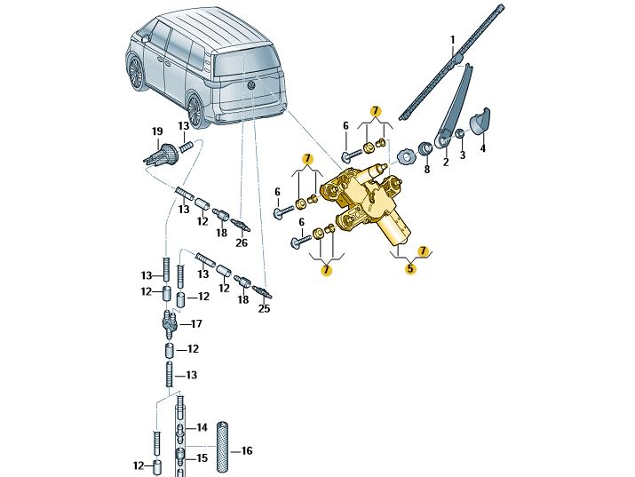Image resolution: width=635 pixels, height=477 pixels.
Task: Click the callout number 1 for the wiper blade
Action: (451, 40)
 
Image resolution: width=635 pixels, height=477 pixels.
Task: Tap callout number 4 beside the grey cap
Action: (483, 149)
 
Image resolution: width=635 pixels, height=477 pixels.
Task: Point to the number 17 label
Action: (197, 324)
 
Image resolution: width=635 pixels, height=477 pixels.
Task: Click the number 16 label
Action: (247, 451)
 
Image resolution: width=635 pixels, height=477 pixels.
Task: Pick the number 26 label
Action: (242, 242)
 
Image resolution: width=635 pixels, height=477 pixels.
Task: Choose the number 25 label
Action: (264, 309)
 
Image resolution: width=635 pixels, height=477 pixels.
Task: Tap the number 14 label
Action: (202, 427)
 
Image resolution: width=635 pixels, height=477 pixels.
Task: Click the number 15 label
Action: (202, 458)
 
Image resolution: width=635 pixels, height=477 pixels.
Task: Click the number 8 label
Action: (426, 169)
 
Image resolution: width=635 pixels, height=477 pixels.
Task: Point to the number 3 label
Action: (462, 155)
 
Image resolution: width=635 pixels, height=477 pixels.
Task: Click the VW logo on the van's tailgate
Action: (250, 85)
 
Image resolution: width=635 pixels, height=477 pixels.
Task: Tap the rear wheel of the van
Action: (137, 71)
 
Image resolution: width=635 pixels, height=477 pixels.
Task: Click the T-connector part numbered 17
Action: (169, 322)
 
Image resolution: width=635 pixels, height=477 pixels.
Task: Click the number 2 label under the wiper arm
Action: (446, 162)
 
